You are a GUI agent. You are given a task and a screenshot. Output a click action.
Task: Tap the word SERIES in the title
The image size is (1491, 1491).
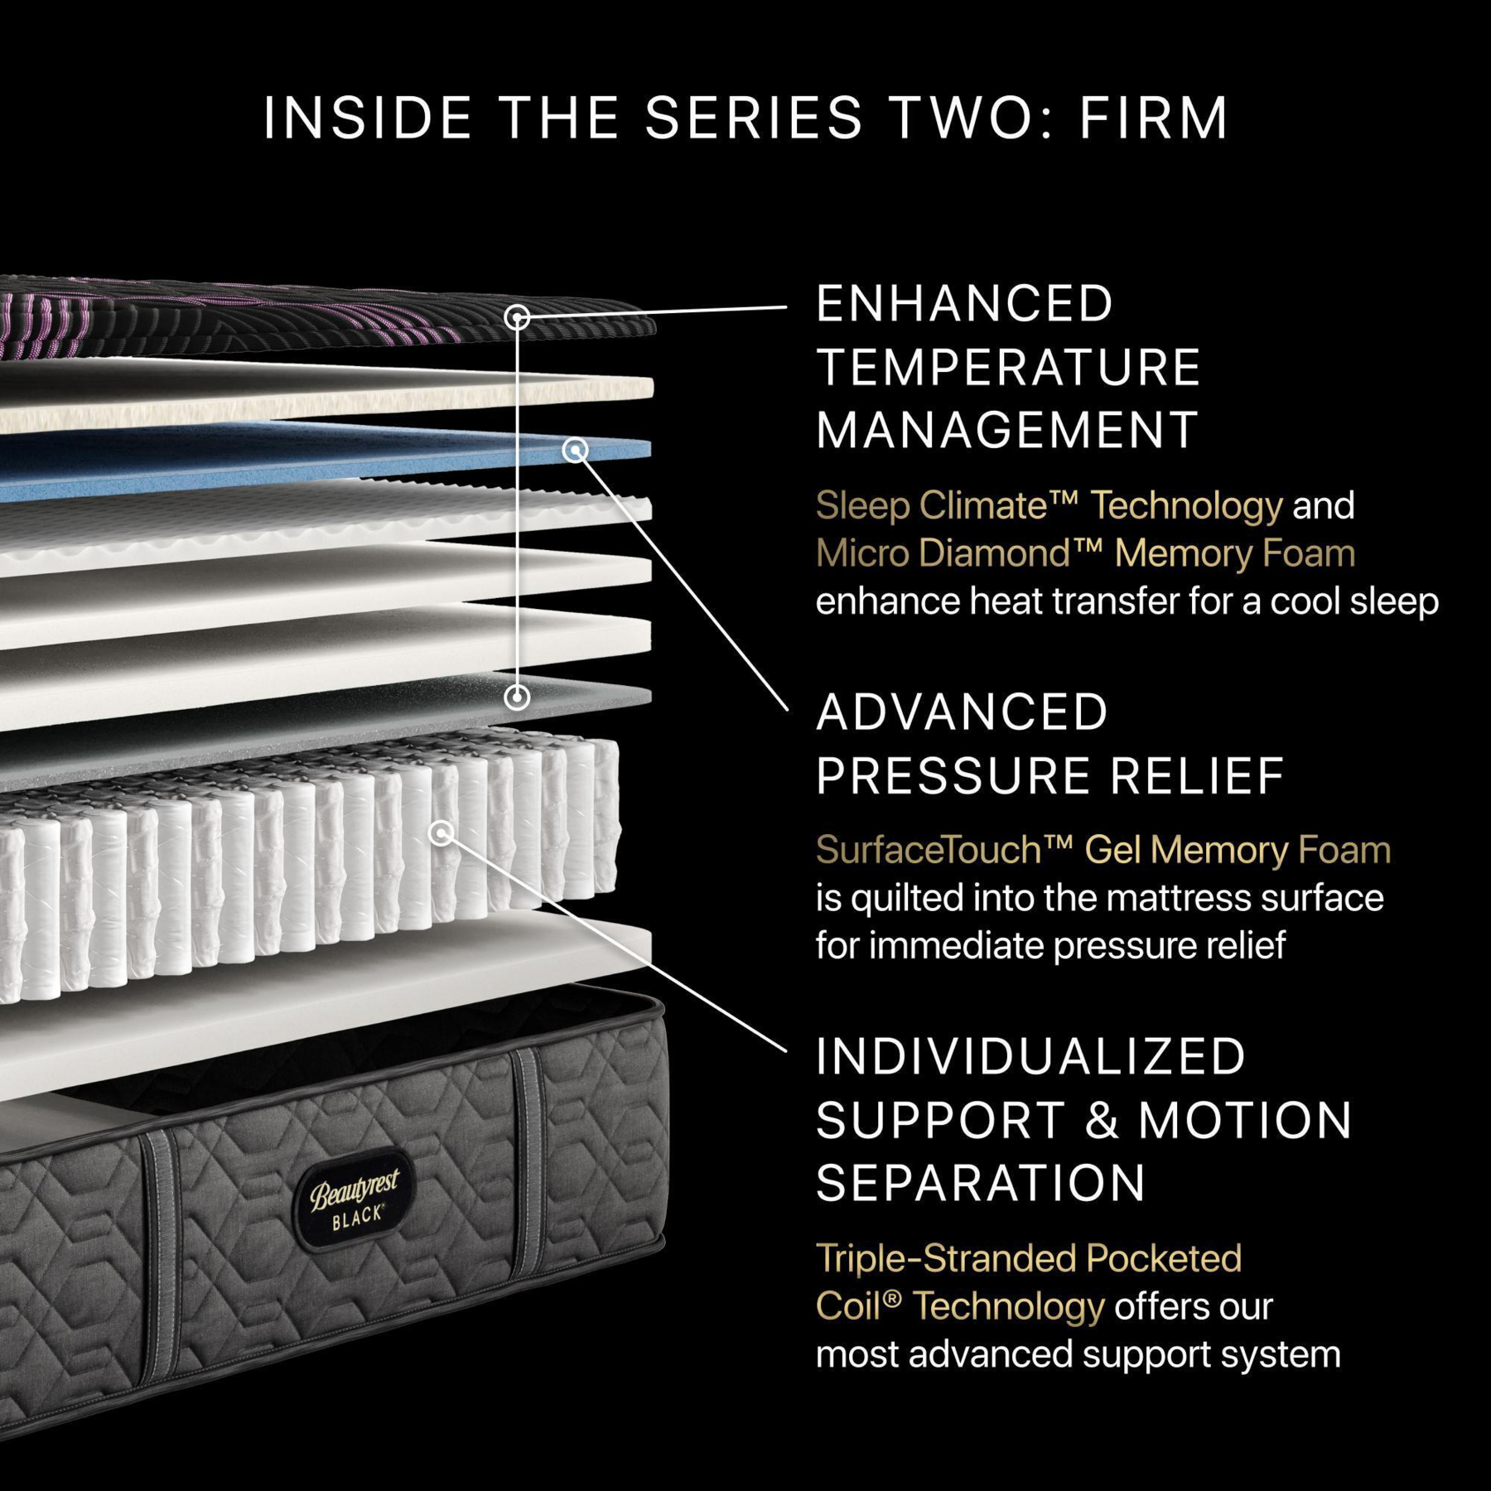[753, 118]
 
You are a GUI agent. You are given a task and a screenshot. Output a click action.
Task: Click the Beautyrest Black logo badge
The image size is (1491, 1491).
[355, 1199]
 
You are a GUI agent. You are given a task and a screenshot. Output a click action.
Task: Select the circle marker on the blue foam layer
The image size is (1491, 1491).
[575, 450]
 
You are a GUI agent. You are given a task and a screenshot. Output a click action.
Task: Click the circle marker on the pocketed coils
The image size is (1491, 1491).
[442, 832]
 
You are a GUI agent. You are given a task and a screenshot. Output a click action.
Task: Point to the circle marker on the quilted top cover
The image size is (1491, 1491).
[518, 317]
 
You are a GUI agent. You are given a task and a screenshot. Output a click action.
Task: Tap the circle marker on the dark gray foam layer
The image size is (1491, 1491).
[517, 697]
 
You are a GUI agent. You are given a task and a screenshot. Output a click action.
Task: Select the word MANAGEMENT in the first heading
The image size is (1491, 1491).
[1006, 430]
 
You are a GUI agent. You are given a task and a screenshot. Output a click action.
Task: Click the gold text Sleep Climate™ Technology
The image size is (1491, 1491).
[1048, 505]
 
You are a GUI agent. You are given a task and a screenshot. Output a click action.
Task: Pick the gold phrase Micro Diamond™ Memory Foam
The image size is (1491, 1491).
[1085, 553]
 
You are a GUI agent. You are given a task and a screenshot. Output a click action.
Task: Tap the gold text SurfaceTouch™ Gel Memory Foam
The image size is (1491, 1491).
[1103, 850]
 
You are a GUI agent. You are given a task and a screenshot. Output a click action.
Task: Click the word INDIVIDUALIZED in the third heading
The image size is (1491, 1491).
[1030, 1057]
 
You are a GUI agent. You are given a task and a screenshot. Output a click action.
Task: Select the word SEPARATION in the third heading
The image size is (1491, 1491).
[981, 1182]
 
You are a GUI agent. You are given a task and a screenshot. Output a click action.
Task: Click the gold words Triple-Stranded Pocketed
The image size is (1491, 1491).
[1028, 1258]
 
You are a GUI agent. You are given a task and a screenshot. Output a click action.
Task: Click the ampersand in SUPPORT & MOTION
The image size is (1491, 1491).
[1102, 1120]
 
